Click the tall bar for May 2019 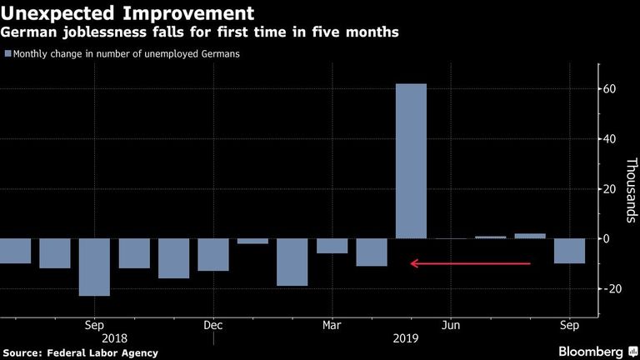tap(411, 161)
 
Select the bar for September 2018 tap(94, 267)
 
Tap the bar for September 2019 tap(569, 251)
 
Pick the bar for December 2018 tap(213, 255)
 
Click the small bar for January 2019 tap(252, 241)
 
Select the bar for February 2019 tap(292, 262)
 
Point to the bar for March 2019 tap(332, 246)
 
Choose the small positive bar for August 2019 tap(530, 236)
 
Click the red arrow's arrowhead tap(414, 263)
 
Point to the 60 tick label tap(609, 89)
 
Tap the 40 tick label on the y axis tap(609, 139)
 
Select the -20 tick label tap(607, 288)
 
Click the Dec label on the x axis tap(213, 325)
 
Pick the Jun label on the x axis tap(451, 325)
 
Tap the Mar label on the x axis tap(332, 325)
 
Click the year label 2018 tap(114, 338)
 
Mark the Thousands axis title tap(631, 190)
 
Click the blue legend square tap(7, 53)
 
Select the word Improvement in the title tap(188, 13)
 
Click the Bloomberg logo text tap(591, 352)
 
